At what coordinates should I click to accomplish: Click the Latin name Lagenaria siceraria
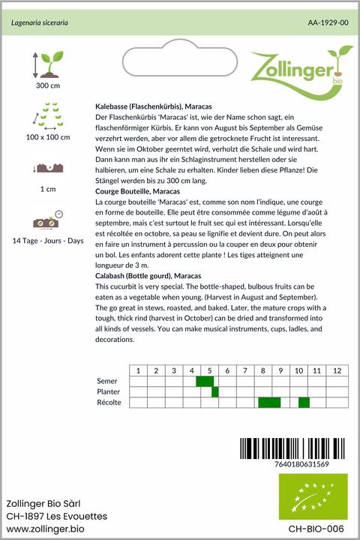point(40,23)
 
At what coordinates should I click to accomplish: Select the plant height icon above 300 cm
point(47,65)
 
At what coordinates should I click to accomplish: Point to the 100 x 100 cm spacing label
point(47,137)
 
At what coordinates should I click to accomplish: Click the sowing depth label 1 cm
point(47,190)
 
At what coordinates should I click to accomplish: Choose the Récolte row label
point(109,403)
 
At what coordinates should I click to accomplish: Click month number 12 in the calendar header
point(337,370)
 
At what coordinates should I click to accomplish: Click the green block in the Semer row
point(205,382)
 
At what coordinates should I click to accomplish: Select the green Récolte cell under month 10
point(304,403)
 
